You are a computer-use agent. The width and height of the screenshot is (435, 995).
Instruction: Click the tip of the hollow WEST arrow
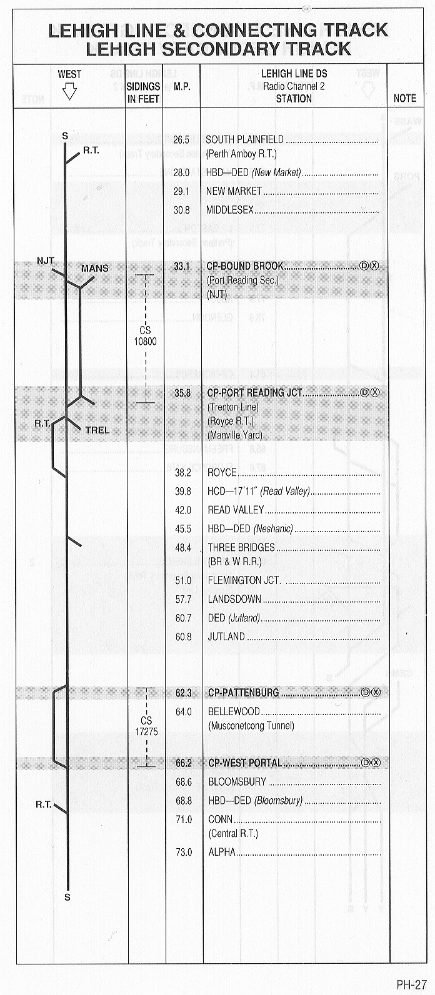point(70,99)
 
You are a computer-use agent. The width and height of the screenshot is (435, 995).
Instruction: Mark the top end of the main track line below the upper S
point(66,143)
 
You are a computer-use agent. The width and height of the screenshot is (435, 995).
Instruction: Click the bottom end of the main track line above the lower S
point(68,885)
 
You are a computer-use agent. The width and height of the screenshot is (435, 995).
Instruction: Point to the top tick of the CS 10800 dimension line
point(145,275)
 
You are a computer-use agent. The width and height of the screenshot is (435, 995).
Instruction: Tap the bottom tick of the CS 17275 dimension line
point(146,766)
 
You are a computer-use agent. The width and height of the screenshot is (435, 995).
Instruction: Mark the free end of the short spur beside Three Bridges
point(81,545)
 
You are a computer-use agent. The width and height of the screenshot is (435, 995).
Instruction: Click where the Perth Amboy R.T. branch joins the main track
point(66,162)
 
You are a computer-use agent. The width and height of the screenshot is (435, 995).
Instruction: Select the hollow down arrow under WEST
point(70,92)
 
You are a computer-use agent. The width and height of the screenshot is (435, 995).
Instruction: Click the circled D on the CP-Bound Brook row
point(364,265)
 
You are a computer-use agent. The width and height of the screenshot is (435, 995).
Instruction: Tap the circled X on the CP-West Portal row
point(376,763)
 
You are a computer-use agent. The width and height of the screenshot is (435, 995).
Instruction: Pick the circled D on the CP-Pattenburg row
point(366,693)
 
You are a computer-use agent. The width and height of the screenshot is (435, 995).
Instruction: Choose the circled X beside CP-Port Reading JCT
point(376,392)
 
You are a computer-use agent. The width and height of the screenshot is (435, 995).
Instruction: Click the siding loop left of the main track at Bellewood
point(54,726)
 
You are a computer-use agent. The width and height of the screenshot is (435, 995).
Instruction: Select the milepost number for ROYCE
point(183,473)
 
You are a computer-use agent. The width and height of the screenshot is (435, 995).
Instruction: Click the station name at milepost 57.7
point(234,599)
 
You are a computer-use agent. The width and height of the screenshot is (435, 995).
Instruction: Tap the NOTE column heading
point(405,98)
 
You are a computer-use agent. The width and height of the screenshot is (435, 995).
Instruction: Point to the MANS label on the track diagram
point(94,269)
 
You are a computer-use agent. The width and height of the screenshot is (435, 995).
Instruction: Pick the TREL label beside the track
point(97,430)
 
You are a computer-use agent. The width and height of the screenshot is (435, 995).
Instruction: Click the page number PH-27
point(411,984)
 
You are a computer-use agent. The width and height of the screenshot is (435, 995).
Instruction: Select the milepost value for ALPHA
point(184,852)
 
